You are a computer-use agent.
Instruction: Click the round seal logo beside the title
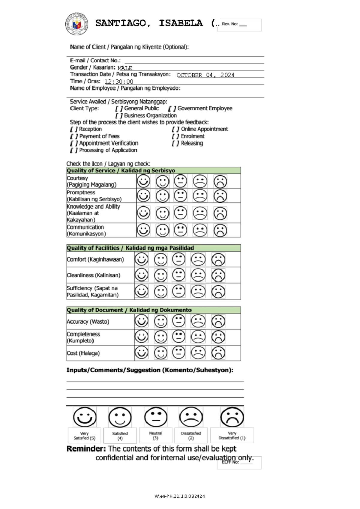pyautogui.click(x=77, y=24)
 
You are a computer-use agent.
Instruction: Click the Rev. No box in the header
pyautogui.click(x=239, y=25)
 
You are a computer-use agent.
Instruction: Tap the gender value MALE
pyautogui.click(x=125, y=68)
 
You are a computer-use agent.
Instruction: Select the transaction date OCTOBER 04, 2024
pyautogui.click(x=205, y=75)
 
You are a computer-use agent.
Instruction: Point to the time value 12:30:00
pyautogui.click(x=119, y=82)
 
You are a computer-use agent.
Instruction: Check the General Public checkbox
pyautogui.click(x=119, y=109)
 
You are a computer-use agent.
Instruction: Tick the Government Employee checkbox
pyautogui.click(x=172, y=109)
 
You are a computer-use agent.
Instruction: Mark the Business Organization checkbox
pyautogui.click(x=119, y=116)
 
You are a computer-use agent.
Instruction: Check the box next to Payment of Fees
pyautogui.click(x=74, y=136)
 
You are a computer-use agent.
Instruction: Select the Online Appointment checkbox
pyautogui.click(x=175, y=129)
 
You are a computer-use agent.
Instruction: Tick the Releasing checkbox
pyautogui.click(x=175, y=144)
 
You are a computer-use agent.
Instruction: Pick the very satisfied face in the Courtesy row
pyautogui.click(x=143, y=181)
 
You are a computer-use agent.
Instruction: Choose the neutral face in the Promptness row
pyautogui.click(x=181, y=195)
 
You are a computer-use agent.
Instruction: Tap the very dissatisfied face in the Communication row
pyautogui.click(x=220, y=231)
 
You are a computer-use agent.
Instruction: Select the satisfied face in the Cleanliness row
pyautogui.click(x=161, y=275)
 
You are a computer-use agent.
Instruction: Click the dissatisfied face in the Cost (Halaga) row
pyautogui.click(x=198, y=353)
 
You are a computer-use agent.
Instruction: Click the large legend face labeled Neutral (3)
pyautogui.click(x=156, y=417)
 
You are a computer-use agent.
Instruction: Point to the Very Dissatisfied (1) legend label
pyautogui.click(x=232, y=436)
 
